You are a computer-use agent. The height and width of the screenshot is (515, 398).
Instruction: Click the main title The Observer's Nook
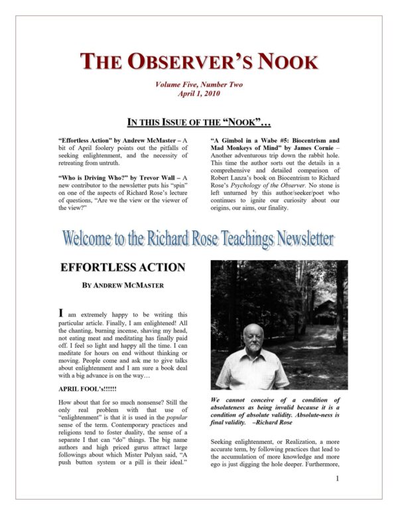coord(198,61)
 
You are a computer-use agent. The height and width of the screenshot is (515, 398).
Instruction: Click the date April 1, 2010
coord(199,94)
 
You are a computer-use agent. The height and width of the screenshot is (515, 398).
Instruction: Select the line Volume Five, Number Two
coord(198,85)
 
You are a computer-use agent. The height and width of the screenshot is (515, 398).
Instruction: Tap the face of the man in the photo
coord(255,340)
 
